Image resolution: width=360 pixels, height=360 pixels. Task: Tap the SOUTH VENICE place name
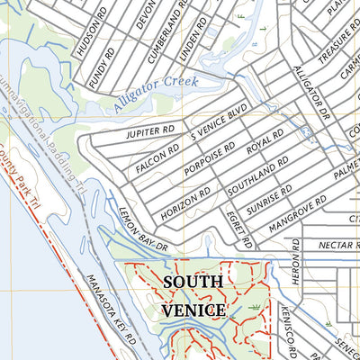coord(193,295)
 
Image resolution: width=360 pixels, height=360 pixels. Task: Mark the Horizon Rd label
coord(187,205)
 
